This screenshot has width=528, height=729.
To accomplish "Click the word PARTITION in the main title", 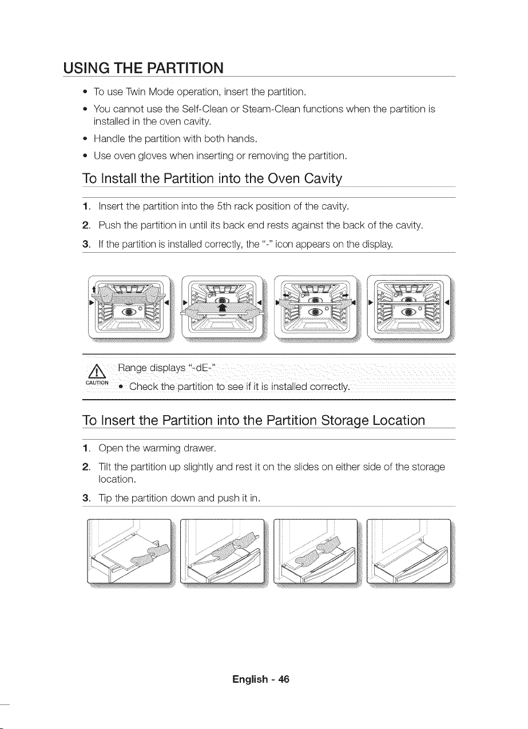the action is [x=185, y=68].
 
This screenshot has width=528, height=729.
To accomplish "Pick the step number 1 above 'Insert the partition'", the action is [x=86, y=206].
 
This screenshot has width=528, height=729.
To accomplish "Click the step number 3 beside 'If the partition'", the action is [x=86, y=244].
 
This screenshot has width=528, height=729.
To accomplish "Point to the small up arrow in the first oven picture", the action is [x=94, y=289].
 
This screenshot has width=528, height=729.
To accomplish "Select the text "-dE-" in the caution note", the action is [x=201, y=368].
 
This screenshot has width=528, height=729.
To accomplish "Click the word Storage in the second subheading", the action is [x=345, y=420].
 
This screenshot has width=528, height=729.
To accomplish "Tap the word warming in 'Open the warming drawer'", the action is [x=161, y=448].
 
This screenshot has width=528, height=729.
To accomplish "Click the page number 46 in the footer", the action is [x=284, y=679].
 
